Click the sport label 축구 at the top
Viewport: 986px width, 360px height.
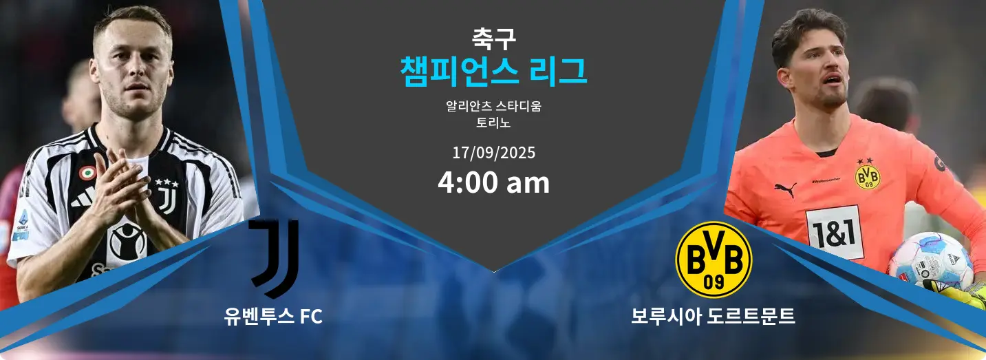493,39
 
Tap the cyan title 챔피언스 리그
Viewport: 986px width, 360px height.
493,72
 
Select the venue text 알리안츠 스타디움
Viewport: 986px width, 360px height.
493,106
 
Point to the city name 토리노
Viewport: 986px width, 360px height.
493,123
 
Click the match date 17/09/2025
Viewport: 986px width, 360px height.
494,153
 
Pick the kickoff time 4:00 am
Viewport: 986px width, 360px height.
494,182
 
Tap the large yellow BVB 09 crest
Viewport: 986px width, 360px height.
714,260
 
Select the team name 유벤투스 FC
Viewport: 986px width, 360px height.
273,317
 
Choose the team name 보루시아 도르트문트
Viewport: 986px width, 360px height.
713,317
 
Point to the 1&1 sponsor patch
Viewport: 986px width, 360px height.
834,233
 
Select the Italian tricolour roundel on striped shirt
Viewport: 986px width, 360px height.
87,173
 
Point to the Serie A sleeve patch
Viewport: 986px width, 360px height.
22,225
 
